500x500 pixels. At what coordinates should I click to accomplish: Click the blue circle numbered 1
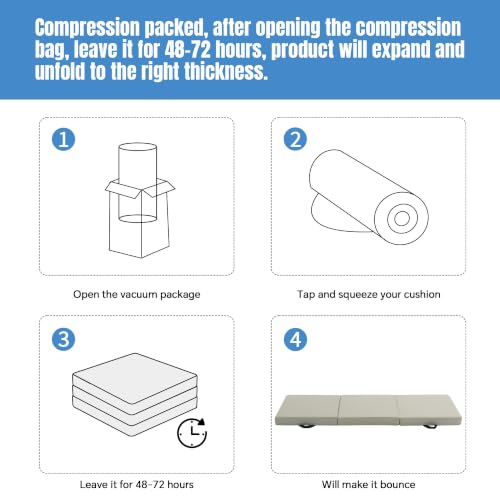pos(63,139)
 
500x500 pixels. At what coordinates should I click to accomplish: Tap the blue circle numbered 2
pos(295,139)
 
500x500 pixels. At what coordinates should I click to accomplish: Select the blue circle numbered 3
pos(63,339)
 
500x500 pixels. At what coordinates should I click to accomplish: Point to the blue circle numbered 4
pos(295,339)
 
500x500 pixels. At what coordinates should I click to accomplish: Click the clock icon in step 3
pos(192,433)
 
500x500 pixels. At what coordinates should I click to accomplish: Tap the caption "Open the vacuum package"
pos(137,294)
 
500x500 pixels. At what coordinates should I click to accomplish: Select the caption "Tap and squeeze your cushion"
pos(369,294)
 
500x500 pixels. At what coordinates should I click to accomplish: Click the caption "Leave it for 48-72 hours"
pos(137,484)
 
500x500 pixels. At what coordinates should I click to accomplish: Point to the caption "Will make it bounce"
pos(369,484)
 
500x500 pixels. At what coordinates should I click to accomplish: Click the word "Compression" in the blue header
pos(87,28)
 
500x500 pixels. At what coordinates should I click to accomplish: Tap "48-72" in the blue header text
pos(188,49)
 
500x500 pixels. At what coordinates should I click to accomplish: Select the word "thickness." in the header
pos(226,71)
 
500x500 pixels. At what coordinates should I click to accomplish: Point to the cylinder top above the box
pos(138,147)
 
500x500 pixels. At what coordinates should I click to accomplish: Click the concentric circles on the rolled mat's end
pos(402,218)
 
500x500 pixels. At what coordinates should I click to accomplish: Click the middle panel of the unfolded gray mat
pos(369,410)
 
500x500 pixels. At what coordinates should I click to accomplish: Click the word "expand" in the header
pos(401,50)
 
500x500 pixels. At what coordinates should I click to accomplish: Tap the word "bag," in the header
pos(52,50)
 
